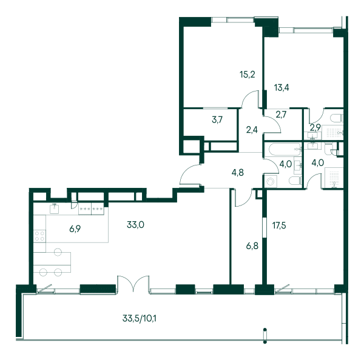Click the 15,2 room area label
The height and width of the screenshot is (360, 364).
tap(248, 75)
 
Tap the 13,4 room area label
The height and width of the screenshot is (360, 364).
tap(281, 88)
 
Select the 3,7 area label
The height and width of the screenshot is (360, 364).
tap(217, 120)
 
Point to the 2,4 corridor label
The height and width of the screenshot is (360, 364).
tap(252, 130)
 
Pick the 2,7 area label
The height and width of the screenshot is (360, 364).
tap(281, 115)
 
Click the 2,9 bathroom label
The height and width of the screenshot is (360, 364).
tap(315, 127)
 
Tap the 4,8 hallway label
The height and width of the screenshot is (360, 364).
tap(238, 173)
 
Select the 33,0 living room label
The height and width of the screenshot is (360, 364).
tap(135, 225)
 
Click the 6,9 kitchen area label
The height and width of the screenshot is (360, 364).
tap(75, 229)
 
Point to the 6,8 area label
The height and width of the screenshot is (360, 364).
tap(252, 246)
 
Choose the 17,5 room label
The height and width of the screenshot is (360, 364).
tap(279, 225)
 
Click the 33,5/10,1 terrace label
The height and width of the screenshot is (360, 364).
tap(140, 318)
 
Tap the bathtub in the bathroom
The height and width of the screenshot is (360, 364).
tap(283, 149)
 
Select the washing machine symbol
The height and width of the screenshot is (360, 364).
tap(271, 181)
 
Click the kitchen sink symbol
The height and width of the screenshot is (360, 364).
tap(55, 208)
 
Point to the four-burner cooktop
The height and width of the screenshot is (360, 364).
tap(39, 236)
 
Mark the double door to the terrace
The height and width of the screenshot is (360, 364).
tap(133, 284)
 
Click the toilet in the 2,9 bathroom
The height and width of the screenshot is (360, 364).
tap(337, 118)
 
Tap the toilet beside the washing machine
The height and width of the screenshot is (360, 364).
tap(295, 181)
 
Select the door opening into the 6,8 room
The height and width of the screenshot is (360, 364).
tap(243, 198)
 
